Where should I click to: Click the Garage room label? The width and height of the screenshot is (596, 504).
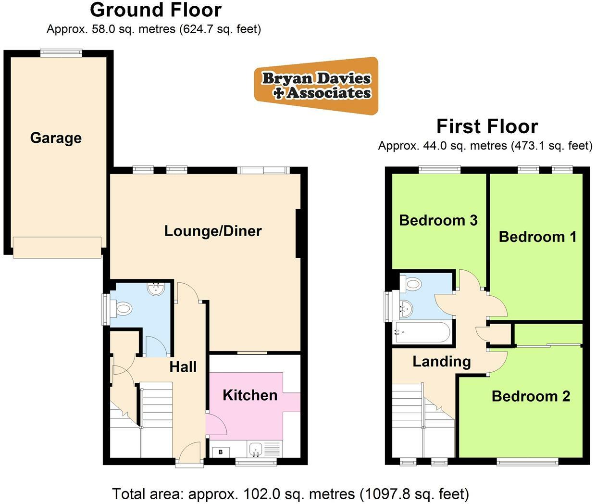click(x=56, y=138)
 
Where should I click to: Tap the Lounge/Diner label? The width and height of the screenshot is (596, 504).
click(x=213, y=231)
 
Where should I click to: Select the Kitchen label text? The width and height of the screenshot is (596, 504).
click(x=250, y=395)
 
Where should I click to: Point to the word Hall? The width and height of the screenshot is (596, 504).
click(x=183, y=367)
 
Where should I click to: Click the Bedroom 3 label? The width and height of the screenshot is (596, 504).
click(x=438, y=220)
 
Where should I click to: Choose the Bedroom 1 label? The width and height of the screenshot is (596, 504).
click(x=537, y=237)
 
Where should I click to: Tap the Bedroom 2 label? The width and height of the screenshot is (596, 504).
click(x=531, y=396)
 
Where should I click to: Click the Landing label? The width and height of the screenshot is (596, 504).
click(x=442, y=361)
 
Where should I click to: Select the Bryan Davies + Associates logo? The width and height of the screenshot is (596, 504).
click(x=316, y=86)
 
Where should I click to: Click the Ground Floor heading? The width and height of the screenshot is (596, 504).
click(x=156, y=10)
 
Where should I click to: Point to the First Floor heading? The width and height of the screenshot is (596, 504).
click(x=487, y=126)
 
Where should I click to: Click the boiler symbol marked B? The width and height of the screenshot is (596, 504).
click(x=221, y=452)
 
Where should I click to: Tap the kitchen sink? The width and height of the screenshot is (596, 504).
click(x=256, y=450)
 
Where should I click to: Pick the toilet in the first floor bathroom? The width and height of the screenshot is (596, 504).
click(x=412, y=284)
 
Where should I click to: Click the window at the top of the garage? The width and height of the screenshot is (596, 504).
click(x=61, y=53)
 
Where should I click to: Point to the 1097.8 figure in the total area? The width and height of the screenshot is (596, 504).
click(x=388, y=494)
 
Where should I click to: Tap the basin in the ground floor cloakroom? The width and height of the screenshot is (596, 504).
click(x=157, y=289)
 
